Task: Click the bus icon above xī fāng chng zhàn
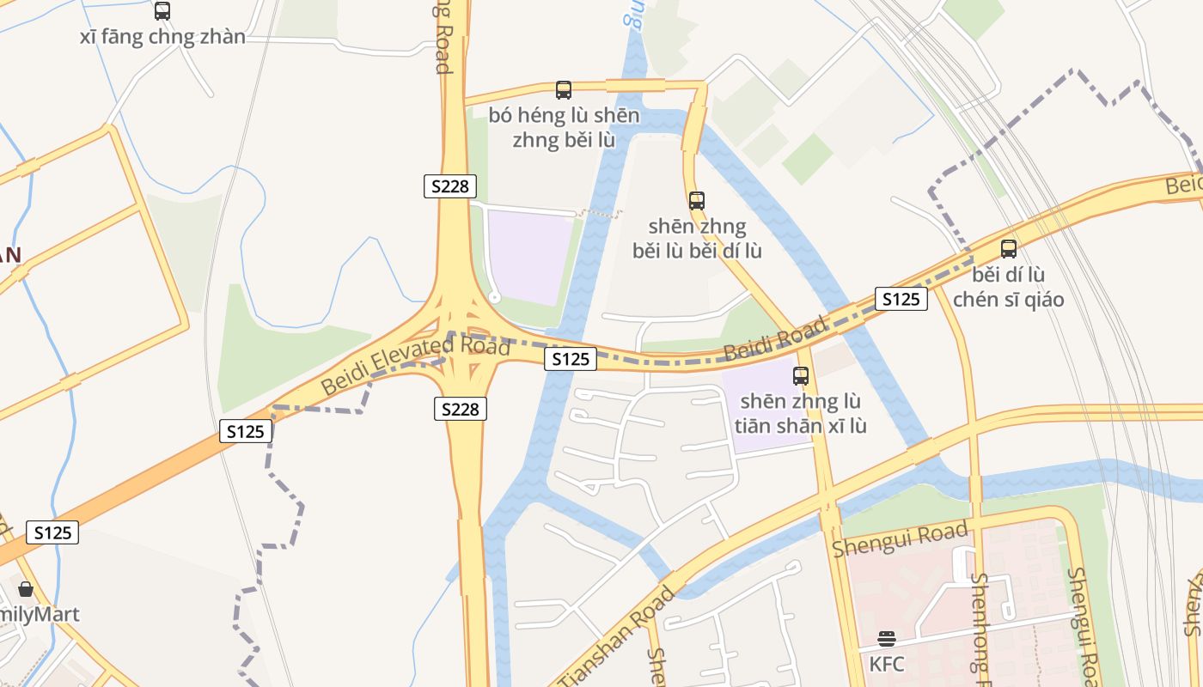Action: (x=162, y=11)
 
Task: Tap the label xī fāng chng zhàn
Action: (x=162, y=37)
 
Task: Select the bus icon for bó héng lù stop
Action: (x=564, y=90)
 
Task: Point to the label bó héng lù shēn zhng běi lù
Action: (x=564, y=127)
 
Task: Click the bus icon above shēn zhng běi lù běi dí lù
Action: (x=697, y=201)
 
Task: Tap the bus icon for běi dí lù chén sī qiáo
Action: (x=1009, y=249)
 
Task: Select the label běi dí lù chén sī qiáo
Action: (x=1009, y=288)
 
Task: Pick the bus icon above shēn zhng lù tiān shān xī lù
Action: (x=801, y=375)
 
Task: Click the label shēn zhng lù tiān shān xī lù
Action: (x=801, y=413)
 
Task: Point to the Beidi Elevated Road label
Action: (x=415, y=365)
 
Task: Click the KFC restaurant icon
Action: (x=887, y=638)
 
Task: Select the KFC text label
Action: (x=887, y=664)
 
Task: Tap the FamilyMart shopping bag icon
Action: (x=26, y=589)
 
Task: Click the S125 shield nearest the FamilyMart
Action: (x=52, y=532)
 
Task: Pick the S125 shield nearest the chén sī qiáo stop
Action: (x=901, y=299)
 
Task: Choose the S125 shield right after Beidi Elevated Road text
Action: (x=569, y=359)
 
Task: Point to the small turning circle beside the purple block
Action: (x=494, y=297)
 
